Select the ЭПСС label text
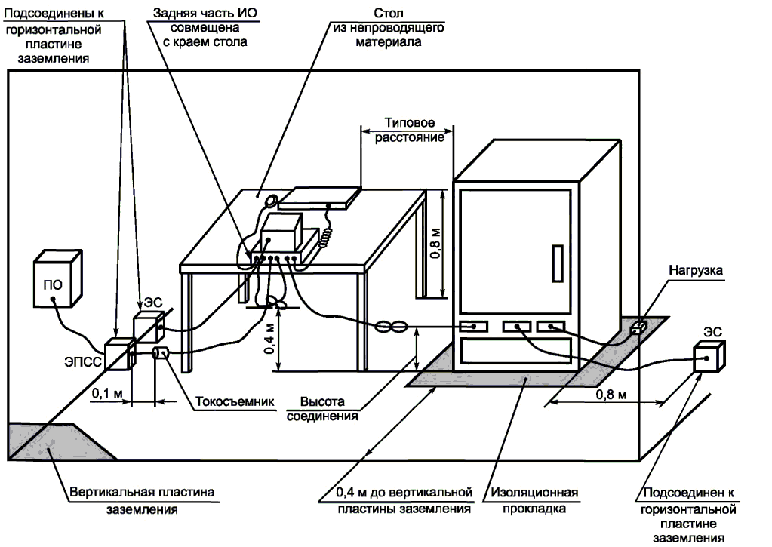[x=83, y=362]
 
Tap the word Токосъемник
[x=235, y=401]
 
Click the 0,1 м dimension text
[x=107, y=393]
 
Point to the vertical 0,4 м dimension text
[x=269, y=338]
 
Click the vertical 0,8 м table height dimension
[x=435, y=244]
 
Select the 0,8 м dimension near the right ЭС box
[x=611, y=395]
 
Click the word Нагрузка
[x=696, y=270]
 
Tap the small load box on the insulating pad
[x=638, y=327]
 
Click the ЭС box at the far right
[x=709, y=356]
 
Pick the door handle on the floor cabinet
[x=558, y=263]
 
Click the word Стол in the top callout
[x=389, y=13]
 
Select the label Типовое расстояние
[x=409, y=130]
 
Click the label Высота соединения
[x=322, y=409]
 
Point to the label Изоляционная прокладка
[x=534, y=500]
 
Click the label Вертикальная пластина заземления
[x=142, y=500]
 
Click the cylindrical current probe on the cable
[x=161, y=354]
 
